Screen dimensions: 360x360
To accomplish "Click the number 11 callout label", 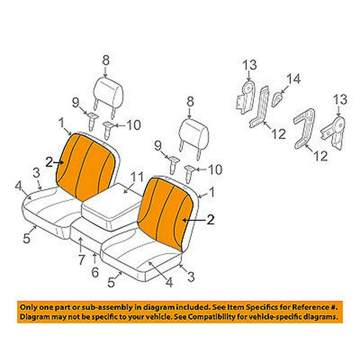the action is (137, 177).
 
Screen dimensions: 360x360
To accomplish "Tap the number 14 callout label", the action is (294, 79).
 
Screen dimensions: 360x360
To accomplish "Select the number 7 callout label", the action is (81, 260).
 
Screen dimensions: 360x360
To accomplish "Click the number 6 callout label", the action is (95, 272).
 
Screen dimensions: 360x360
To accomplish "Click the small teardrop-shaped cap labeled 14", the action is (277, 99).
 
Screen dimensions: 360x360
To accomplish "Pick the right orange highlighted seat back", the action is (166, 214).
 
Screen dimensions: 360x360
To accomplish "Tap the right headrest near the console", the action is (194, 135).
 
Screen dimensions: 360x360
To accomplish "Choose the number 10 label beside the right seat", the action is (215, 170).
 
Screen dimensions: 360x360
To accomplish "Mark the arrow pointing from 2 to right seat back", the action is (194, 220).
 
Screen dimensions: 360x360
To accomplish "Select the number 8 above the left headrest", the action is (106, 60).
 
